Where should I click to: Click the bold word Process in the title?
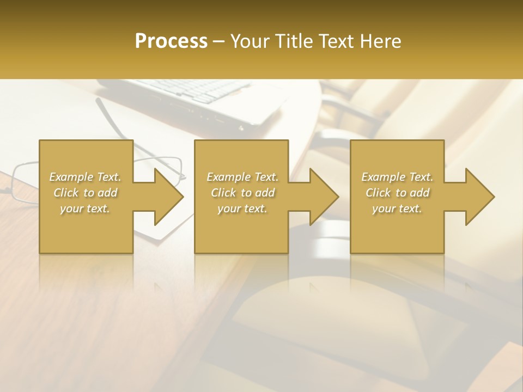click(171, 41)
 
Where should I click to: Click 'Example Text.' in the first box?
click(85, 177)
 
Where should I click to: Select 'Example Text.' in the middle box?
click(242, 177)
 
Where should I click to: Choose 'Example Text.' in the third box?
click(397, 177)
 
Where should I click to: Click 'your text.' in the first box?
click(85, 209)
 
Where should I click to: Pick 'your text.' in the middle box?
click(242, 209)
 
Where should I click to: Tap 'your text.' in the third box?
click(397, 209)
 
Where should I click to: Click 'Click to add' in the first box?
click(85, 193)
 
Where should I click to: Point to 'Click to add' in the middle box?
click(242, 193)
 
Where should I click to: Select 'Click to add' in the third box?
click(397, 193)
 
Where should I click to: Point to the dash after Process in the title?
click(219, 42)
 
